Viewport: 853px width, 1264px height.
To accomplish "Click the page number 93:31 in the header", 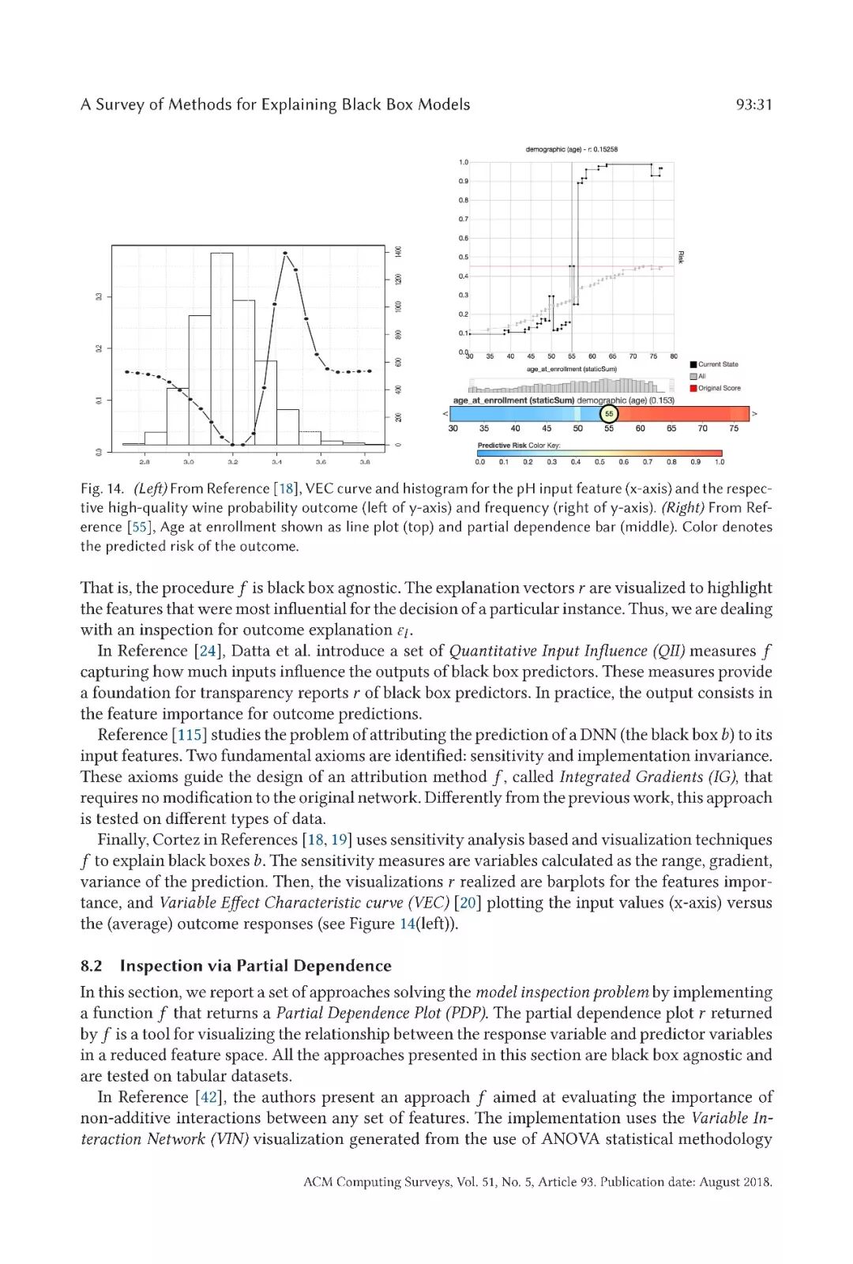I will click(x=753, y=105).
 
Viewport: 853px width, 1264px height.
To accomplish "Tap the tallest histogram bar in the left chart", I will click(x=222, y=348).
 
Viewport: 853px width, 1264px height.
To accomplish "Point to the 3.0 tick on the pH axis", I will click(x=189, y=461).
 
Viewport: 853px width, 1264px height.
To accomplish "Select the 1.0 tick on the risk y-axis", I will click(x=464, y=163).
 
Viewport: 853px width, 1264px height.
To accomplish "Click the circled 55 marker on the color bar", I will click(x=608, y=413).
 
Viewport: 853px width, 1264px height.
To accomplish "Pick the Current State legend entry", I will click(x=717, y=364).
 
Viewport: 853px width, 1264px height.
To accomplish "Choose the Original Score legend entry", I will click(x=719, y=388).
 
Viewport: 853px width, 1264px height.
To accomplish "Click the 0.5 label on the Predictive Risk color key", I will click(x=599, y=462).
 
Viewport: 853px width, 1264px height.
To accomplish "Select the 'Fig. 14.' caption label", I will click(x=102, y=489).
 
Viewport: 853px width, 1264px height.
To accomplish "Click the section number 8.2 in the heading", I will click(x=91, y=965).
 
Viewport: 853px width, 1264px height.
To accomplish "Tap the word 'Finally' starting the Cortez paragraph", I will click(x=122, y=840).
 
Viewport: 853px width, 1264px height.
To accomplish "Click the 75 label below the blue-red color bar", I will click(x=734, y=429).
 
